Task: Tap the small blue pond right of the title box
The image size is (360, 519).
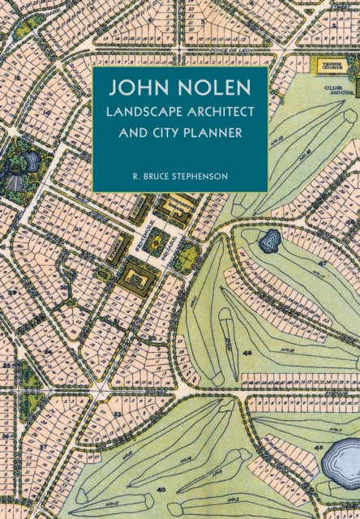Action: [269, 240]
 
